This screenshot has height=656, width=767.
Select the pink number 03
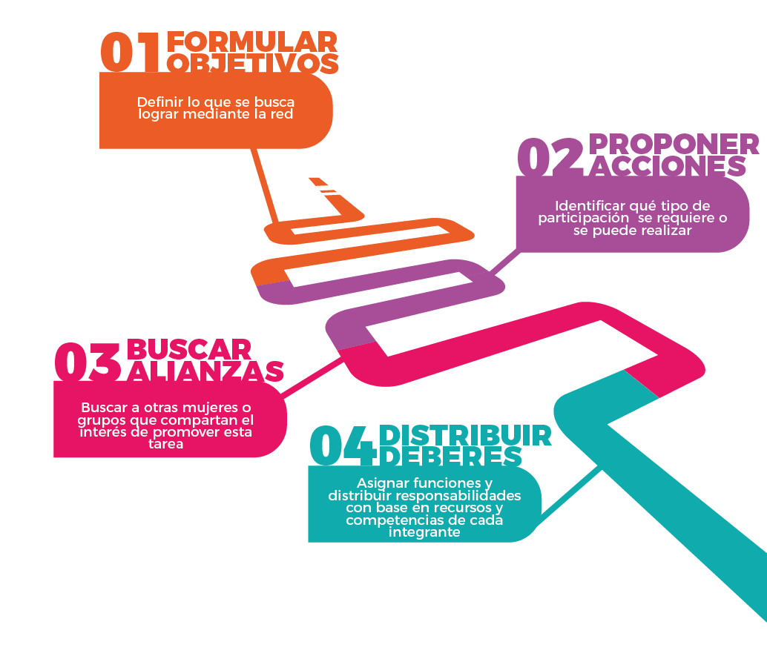pos(88,361)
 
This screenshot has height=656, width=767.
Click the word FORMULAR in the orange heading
pos(252,42)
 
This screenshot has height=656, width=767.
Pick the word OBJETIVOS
pos(253,64)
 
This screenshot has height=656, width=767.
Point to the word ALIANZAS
pos(205,371)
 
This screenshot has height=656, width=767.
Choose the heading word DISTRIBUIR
pos(465,435)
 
